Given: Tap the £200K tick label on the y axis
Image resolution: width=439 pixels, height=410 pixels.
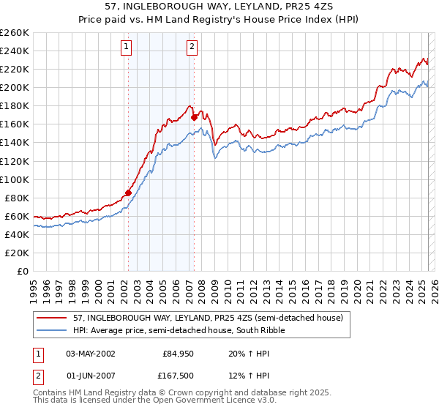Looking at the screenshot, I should click(x=15, y=87).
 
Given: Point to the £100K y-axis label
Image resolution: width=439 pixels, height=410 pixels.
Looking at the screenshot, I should click(x=15, y=179).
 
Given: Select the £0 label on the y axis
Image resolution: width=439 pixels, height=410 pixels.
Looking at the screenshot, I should click(x=23, y=271).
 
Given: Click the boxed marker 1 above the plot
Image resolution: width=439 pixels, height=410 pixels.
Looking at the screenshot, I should click(x=127, y=47).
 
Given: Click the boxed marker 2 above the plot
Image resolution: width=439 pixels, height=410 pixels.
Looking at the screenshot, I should click(x=192, y=47).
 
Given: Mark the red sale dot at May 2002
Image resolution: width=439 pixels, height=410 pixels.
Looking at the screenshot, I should click(x=128, y=193).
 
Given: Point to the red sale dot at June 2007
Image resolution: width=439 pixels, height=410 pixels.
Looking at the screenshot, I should click(x=194, y=117).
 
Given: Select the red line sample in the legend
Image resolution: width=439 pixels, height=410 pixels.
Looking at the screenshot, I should click(x=53, y=317).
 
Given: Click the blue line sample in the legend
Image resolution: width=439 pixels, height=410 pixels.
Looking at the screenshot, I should click(x=53, y=330).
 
